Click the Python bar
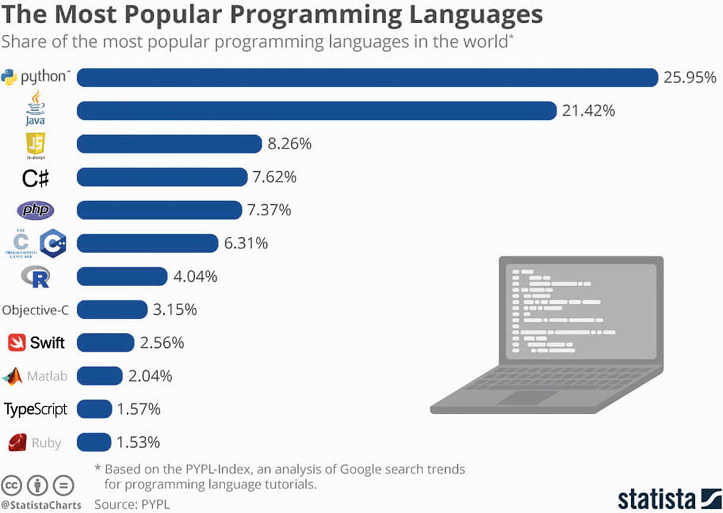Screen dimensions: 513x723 click(x=367, y=78)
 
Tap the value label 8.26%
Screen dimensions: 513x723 click(x=290, y=144)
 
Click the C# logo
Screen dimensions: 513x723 click(x=36, y=178)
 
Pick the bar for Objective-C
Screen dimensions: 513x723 click(x=113, y=309)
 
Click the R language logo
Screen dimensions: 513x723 click(x=36, y=277)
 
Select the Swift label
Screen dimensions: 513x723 click(x=37, y=342)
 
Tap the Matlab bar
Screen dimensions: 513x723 click(x=100, y=375)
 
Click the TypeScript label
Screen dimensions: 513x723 click(x=36, y=408)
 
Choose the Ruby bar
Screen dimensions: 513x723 click(x=94, y=441)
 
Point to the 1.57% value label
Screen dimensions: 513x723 click(x=139, y=408)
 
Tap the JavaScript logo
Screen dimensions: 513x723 click(x=36, y=144)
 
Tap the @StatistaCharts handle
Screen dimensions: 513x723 click(x=40, y=505)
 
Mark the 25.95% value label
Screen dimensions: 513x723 click(x=689, y=78)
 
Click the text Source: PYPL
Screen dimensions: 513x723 click(x=132, y=504)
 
